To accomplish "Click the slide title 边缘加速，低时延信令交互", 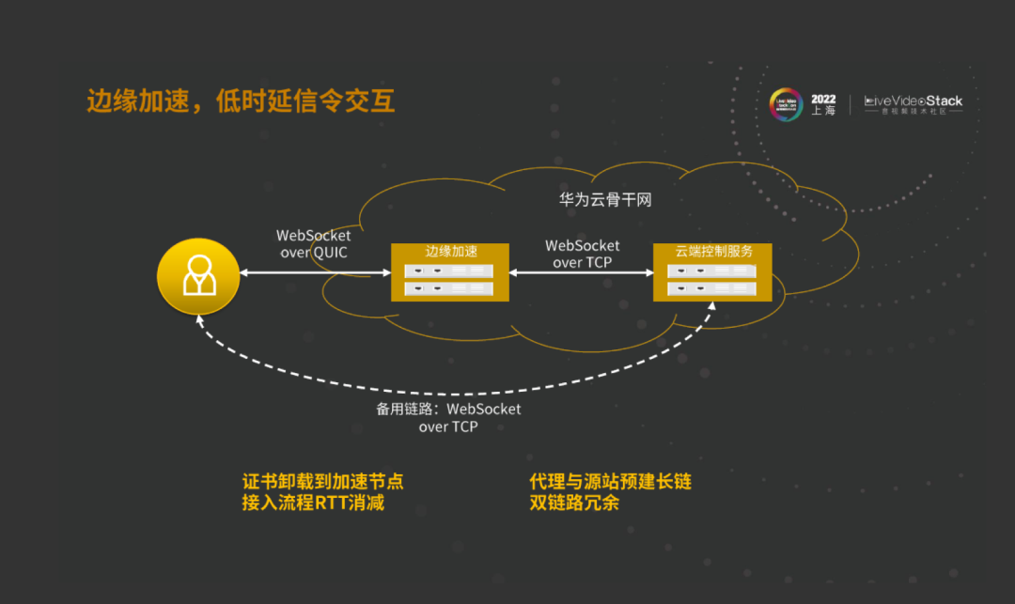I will (241, 101).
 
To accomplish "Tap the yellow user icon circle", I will (198, 273).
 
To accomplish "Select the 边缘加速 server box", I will (449, 272).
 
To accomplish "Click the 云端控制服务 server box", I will (713, 272).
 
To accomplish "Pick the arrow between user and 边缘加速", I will (314, 273).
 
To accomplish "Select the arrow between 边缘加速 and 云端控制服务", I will (582, 273).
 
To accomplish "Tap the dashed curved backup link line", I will (451, 392).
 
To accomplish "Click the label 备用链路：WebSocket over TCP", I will (448, 418).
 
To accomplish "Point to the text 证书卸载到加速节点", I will (322, 482).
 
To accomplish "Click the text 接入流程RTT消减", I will (313, 503).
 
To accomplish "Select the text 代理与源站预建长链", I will (611, 482).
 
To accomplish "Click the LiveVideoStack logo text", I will (913, 101).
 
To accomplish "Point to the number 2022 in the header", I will (822, 99).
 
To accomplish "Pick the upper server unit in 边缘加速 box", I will (449, 270).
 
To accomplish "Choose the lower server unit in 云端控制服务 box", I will (713, 288).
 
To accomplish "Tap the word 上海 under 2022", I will (822, 111).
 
